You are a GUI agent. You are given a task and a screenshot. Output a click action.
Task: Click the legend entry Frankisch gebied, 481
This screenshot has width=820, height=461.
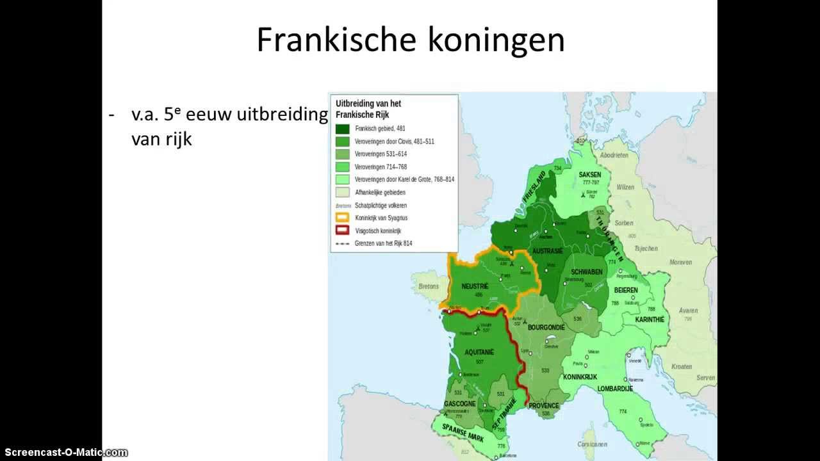point(380,128)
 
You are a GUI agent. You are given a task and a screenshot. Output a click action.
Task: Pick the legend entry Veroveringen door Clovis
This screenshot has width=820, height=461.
point(394,141)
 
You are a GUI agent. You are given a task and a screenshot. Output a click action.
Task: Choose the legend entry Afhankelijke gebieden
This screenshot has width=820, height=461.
point(380,192)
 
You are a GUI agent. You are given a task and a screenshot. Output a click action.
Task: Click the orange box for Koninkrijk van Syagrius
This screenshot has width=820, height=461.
point(342,218)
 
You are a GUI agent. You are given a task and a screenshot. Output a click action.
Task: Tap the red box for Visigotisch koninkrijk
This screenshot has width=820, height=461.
point(342,230)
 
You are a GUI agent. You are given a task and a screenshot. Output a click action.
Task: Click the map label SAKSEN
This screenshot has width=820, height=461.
point(589,174)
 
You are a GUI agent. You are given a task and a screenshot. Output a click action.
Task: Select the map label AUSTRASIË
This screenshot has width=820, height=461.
point(547,250)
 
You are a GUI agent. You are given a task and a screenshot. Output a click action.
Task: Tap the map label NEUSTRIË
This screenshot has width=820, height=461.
point(475,286)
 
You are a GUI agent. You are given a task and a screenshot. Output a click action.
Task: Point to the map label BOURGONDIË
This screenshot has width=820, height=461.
point(546,327)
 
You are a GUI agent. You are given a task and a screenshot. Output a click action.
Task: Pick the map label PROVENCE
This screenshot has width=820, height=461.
point(544,406)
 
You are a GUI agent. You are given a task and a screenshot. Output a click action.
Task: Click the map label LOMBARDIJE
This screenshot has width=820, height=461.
point(615,389)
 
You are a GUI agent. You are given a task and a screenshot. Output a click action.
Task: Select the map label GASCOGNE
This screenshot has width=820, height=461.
point(459,404)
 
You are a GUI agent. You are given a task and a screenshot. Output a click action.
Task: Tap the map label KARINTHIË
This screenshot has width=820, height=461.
point(650,319)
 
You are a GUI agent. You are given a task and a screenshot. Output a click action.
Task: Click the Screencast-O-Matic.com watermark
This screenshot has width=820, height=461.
point(64,453)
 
